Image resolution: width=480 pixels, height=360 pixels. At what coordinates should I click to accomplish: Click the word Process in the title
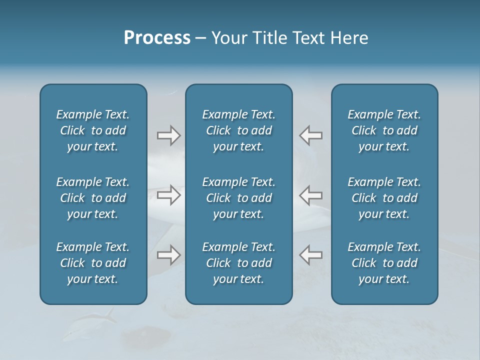tap(157, 38)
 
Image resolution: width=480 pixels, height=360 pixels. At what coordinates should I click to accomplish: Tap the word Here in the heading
tap(349, 38)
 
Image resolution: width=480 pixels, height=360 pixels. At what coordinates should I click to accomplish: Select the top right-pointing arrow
tap(168, 135)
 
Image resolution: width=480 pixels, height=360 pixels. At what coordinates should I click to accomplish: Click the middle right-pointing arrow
tap(168, 195)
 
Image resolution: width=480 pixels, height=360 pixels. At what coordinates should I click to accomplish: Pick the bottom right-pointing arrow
tap(168, 255)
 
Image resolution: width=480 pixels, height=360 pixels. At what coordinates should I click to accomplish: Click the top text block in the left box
tap(93, 130)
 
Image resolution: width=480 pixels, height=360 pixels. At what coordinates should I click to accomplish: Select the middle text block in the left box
tap(93, 198)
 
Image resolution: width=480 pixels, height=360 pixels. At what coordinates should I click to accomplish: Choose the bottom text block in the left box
tap(93, 263)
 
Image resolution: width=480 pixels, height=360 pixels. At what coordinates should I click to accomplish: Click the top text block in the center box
tap(239, 130)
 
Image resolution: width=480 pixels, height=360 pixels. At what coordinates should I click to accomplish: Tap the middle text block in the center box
tap(239, 198)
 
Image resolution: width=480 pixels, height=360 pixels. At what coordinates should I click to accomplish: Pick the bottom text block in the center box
tap(239, 263)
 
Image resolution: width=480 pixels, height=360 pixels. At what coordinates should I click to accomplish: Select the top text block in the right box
tap(384, 130)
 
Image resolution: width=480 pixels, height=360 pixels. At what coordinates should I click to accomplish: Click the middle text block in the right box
tap(384, 198)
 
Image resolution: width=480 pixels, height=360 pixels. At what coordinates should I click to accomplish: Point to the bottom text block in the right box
tap(384, 263)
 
